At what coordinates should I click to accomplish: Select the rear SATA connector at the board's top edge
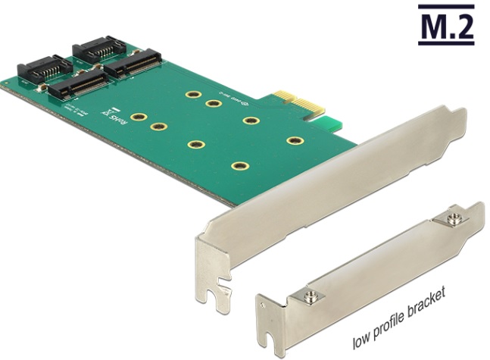[x=95, y=50]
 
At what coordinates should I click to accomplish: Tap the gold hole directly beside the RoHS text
[x=139, y=118]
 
